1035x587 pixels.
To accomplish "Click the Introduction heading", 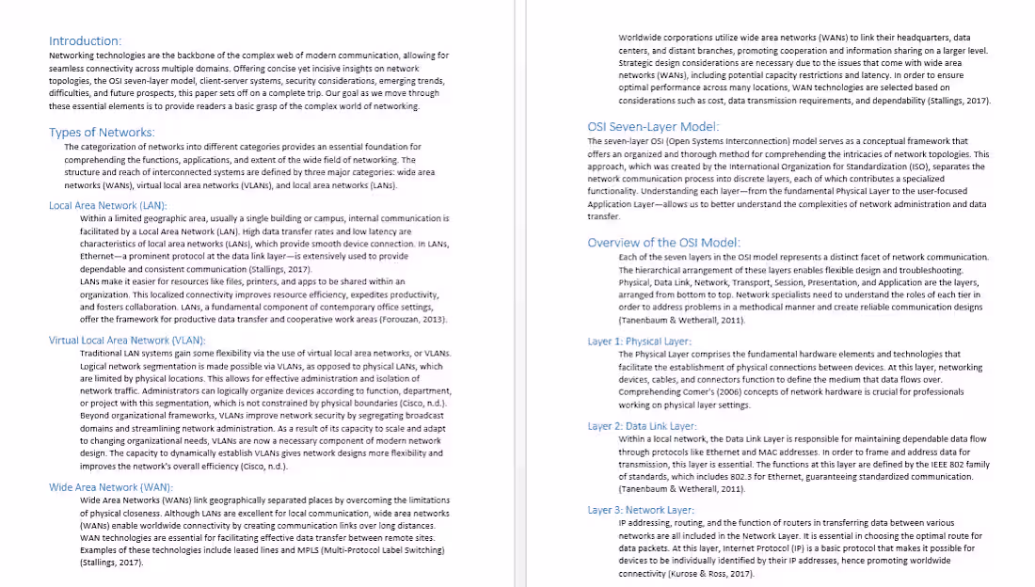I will coord(85,41).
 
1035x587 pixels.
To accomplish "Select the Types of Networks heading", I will coord(102,133).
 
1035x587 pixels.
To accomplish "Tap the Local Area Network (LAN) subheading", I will coord(108,205).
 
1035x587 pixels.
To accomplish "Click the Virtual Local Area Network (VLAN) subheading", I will coord(127,340).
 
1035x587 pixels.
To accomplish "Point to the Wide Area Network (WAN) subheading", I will coord(111,487).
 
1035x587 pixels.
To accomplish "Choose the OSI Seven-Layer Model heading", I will coord(654,127).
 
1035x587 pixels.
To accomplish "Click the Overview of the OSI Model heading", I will coord(664,243).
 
